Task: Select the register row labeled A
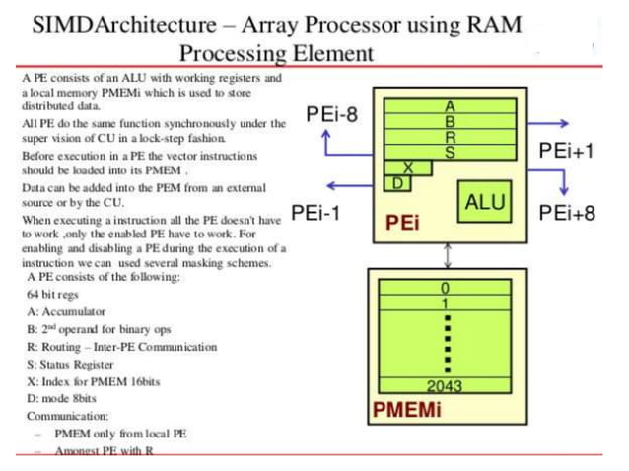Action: pyautogui.click(x=450, y=105)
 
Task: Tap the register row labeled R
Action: pyautogui.click(x=450, y=137)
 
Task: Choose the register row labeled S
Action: pyautogui.click(x=450, y=153)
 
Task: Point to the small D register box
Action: pyautogui.click(x=397, y=183)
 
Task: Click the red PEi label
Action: pyautogui.click(x=403, y=224)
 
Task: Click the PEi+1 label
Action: pyautogui.click(x=567, y=151)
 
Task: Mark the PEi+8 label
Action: pyautogui.click(x=567, y=212)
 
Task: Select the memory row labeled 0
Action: pyautogui.click(x=446, y=287)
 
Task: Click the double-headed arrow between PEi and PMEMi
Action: pyautogui.click(x=450, y=254)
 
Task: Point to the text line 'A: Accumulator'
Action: pyautogui.click(x=68, y=311)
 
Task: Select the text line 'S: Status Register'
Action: pyautogui.click(x=80, y=364)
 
